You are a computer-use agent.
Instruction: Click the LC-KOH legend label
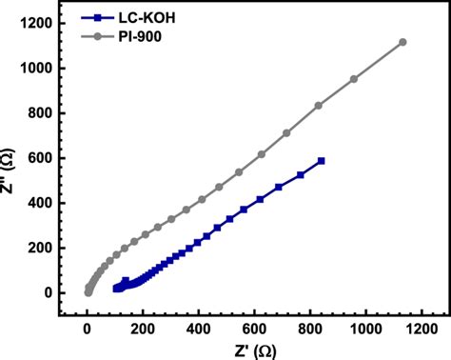coord(143,16)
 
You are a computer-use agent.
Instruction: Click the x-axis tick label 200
coord(143,330)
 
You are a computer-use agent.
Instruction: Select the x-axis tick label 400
coord(198,330)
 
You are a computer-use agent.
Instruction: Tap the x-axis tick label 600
coord(253,330)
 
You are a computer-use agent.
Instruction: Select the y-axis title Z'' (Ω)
coord(9,156)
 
